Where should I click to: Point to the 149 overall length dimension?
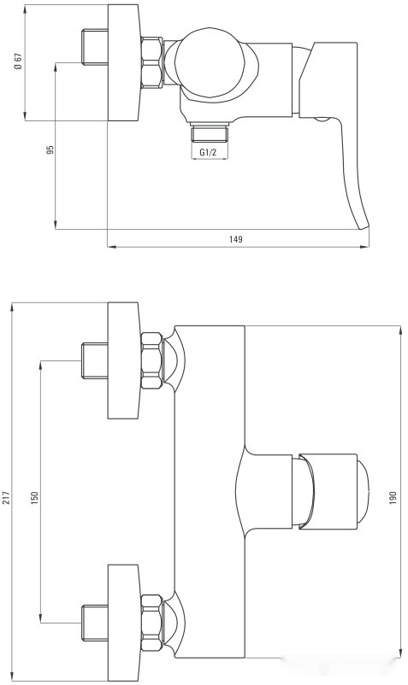[236, 240]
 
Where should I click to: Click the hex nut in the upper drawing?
[152, 61]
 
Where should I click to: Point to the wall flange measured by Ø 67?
[123, 61]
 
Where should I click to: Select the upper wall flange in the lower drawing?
[123, 360]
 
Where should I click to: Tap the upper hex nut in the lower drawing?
[152, 360]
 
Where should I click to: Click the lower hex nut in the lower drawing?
[152, 622]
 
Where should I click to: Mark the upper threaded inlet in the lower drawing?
[93, 360]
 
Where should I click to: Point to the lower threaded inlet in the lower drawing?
[93, 622]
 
